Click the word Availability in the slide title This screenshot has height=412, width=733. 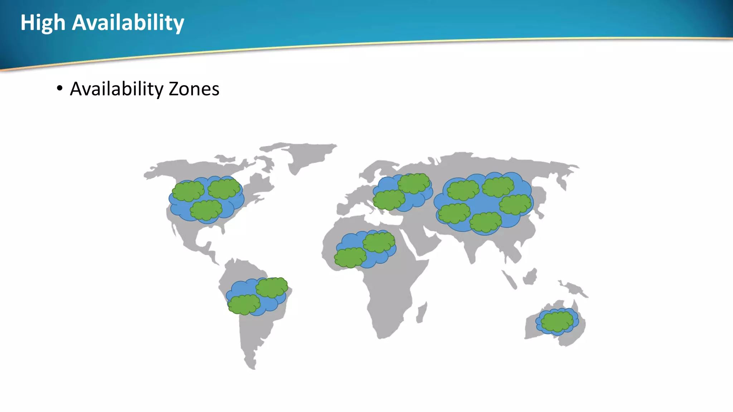128,23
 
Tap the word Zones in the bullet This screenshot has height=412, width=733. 194,89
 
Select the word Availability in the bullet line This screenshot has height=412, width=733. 117,89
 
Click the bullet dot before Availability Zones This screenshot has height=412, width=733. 59,88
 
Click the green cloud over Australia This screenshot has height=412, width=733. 557,321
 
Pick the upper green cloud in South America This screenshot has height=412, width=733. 272,288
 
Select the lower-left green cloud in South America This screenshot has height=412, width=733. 244,304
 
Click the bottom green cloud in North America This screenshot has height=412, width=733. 206,210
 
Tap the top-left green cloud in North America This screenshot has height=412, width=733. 188,191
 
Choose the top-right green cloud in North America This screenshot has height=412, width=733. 224,188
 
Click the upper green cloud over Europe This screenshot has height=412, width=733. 413,183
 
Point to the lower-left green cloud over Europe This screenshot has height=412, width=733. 389,200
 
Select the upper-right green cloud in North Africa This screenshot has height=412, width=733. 379,242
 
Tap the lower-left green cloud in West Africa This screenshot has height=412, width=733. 350,257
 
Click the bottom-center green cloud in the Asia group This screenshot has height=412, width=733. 486,222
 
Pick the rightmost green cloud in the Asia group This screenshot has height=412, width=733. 515,204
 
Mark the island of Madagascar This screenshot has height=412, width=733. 422,313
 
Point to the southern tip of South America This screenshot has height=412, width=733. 252,366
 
